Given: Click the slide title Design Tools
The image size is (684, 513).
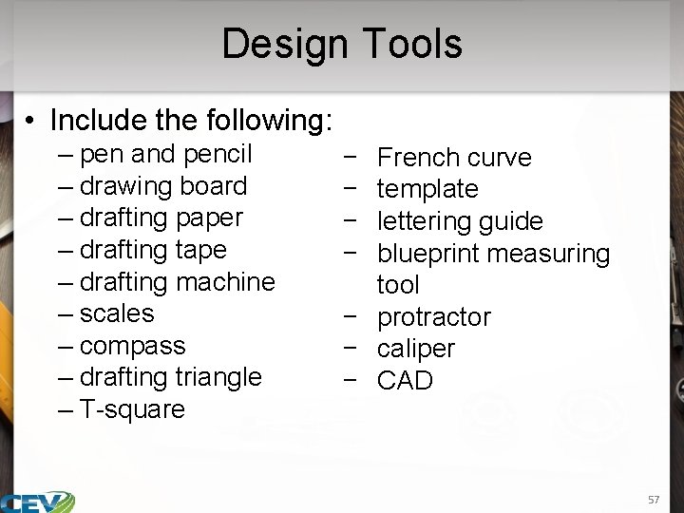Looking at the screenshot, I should pyautogui.click(x=342, y=44).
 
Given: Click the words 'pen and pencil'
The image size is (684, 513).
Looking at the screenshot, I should pyautogui.click(x=166, y=154).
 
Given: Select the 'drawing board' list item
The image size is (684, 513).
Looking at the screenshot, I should pyautogui.click(x=163, y=186).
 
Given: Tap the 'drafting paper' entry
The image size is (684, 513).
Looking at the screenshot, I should pyautogui.click(x=161, y=218).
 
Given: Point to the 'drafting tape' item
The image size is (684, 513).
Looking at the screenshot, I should pyautogui.click(x=153, y=250).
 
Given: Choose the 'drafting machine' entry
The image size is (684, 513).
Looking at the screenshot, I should pyautogui.click(x=178, y=282).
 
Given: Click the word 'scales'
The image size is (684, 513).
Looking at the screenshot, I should pyautogui.click(x=117, y=313).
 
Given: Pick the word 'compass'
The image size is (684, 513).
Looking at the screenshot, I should pyautogui.click(x=133, y=346).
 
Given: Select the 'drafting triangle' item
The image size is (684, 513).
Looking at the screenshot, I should pyautogui.click(x=171, y=377).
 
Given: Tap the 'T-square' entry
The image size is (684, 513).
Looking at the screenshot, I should pyautogui.click(x=133, y=409).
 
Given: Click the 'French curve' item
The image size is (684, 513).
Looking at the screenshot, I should pyautogui.click(x=454, y=158).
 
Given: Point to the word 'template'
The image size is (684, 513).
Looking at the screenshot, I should pyautogui.click(x=427, y=189).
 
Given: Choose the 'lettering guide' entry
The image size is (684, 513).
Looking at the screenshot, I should pyautogui.click(x=460, y=221).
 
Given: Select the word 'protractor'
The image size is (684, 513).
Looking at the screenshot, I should pyautogui.click(x=434, y=317).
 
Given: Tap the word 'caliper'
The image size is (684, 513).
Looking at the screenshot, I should pyautogui.click(x=416, y=349).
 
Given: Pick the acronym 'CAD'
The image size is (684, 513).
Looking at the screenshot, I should pyautogui.click(x=405, y=381).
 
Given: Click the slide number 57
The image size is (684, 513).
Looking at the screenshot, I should pyautogui.click(x=653, y=500).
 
